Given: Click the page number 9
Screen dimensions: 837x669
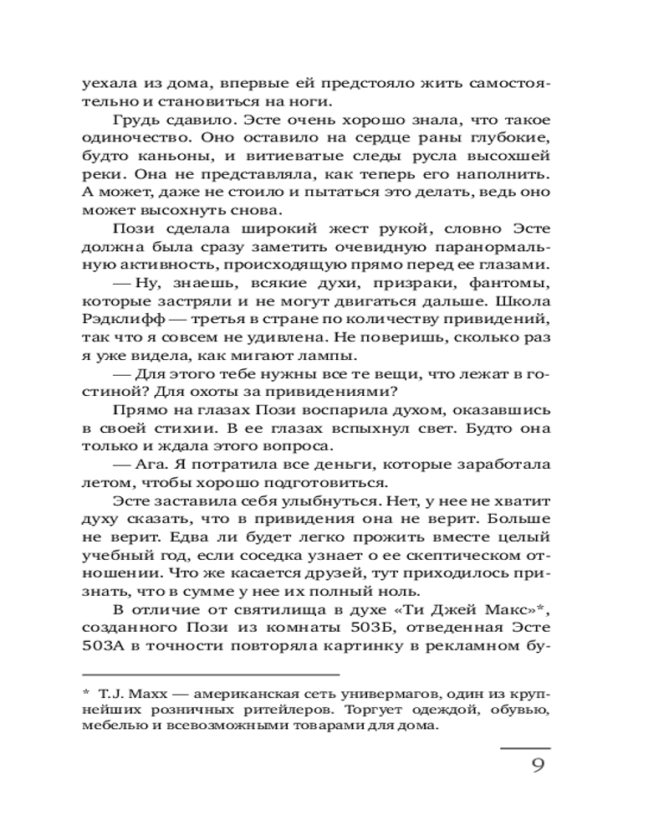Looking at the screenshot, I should [538, 766].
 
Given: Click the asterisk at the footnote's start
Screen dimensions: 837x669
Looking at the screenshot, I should [85, 693].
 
